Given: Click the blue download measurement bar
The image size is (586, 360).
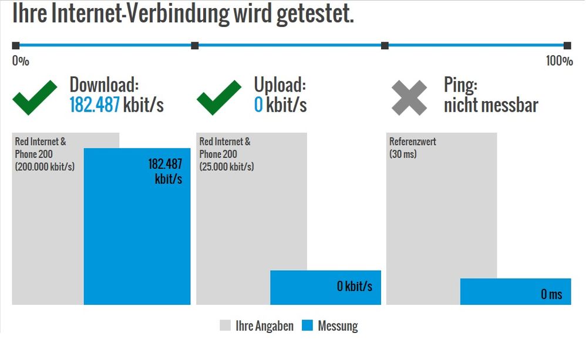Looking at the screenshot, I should click(137, 235).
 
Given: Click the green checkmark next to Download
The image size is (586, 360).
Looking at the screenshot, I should click(35, 97).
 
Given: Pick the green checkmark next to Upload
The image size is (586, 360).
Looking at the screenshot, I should click(218, 97).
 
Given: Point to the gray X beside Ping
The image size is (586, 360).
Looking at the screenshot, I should click(409, 97).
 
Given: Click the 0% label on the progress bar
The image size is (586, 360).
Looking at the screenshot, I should click(21, 61).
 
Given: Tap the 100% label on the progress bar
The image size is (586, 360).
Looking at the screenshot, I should click(559, 61).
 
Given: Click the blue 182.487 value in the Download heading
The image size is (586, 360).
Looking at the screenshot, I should click(95, 105).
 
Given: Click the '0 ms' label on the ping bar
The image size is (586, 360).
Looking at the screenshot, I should click(551, 294).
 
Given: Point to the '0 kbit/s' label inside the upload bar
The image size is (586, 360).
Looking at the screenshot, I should click(355, 287).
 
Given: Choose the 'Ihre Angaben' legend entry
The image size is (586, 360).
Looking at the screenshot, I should click(264, 326).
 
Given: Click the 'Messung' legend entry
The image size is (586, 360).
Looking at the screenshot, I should click(338, 326).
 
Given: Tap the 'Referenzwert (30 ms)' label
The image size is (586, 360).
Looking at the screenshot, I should click(413, 148).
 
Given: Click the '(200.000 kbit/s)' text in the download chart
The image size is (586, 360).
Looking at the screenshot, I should click(45, 166).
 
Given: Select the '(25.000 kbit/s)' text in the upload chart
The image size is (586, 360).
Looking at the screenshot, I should click(227, 166).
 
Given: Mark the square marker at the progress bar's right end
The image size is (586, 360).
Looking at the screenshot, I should click(567, 46).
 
